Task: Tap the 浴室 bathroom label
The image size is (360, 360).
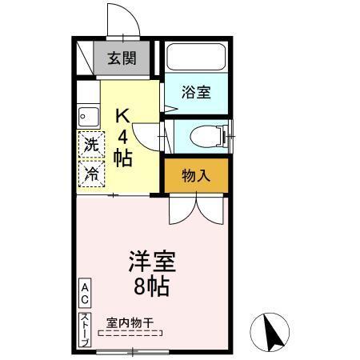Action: click(x=196, y=92)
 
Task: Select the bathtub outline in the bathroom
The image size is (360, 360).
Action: click(x=197, y=58)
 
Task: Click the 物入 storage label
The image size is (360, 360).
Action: click(x=195, y=175)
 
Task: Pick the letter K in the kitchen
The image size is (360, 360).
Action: click(x=122, y=115)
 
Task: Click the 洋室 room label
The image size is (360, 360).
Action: click(x=152, y=262)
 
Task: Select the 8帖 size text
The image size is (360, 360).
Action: click(x=152, y=286)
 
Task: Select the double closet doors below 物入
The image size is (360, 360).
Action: click(x=196, y=209)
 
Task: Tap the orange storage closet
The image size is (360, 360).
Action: click(x=196, y=175)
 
